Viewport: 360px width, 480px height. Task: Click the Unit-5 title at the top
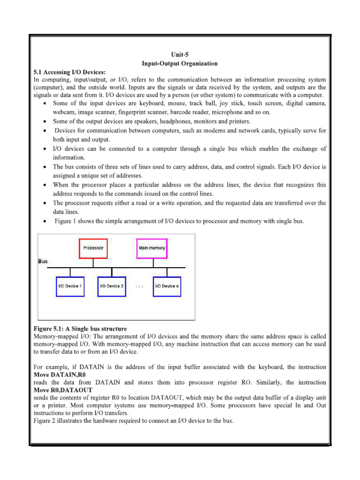[180, 55]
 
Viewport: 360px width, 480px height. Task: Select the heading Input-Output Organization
[180, 63]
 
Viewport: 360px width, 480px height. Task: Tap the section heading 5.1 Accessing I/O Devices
[70, 72]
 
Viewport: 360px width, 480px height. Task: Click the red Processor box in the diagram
[93, 247]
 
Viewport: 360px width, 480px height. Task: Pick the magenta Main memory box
[152, 247]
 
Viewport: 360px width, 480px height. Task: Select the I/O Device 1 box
[70, 286]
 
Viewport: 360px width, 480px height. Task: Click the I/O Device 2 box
[112, 286]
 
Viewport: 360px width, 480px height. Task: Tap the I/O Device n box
[167, 286]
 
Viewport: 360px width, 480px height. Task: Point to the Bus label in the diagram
[43, 262]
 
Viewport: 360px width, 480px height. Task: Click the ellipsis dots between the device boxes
[140, 286]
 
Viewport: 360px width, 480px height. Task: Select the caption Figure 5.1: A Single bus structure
[80, 329]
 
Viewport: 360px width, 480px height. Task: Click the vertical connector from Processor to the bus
[93, 263]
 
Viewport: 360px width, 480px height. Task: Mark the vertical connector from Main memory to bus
[152, 263]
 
